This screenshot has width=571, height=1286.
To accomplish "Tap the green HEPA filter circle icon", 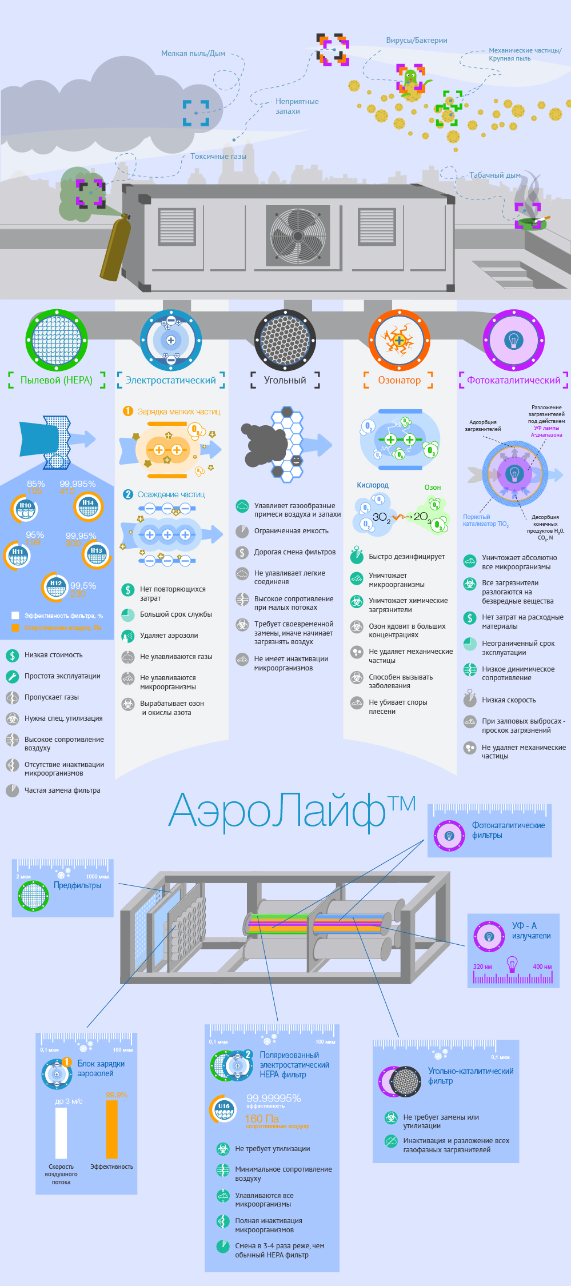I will [57, 340].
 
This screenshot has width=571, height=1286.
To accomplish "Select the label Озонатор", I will [399, 380].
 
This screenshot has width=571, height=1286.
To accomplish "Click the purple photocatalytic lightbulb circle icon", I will [513, 340].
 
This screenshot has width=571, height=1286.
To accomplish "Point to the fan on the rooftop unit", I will [298, 235].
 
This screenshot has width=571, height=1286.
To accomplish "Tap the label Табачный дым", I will [494, 175].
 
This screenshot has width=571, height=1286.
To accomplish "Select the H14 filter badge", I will [88, 506].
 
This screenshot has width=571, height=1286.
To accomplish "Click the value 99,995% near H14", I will [78, 484].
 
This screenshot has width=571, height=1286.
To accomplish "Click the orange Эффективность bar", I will [111, 1129].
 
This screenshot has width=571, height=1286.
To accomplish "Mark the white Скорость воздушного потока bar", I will [61, 1133].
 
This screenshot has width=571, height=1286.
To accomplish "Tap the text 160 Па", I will [262, 1119].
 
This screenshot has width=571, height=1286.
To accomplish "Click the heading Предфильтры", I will [77, 885].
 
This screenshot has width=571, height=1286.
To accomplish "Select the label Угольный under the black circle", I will [285, 380].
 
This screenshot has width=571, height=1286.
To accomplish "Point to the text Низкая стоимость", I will [53, 655].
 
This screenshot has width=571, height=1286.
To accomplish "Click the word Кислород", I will [373, 485].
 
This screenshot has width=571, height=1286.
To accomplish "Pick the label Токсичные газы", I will [218, 157].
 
